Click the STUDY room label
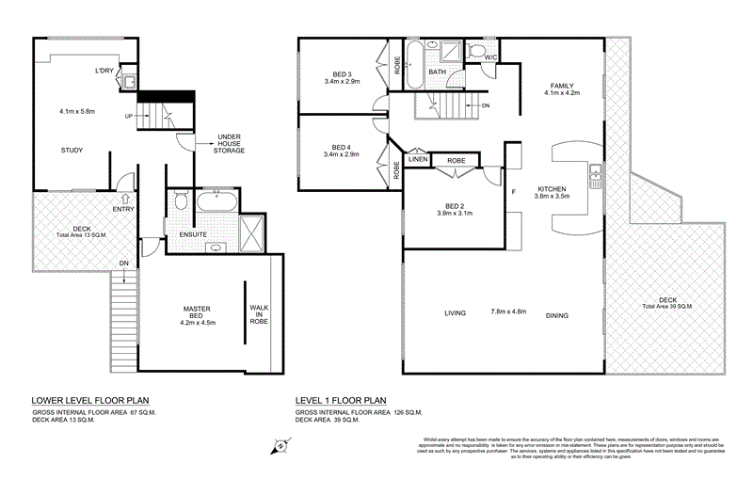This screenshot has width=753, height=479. tap(72, 151)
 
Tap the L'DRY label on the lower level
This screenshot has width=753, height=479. tap(105, 72)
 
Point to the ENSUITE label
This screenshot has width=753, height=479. tap(180, 234)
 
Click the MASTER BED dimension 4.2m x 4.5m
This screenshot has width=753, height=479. tap(198, 323)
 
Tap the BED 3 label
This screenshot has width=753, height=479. tap(342, 74)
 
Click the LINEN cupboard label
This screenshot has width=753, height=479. tap(419, 160)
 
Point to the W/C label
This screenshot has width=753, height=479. tap(490, 58)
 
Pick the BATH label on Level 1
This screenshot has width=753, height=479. tap(437, 72)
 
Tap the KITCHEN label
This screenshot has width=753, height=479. tap(553, 187)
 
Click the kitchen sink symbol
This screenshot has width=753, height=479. tap(597, 174)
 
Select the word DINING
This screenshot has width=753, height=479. tap(556, 315)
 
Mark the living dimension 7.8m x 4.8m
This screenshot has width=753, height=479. tap(508, 311)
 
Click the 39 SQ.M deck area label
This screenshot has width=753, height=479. tap(667, 306)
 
